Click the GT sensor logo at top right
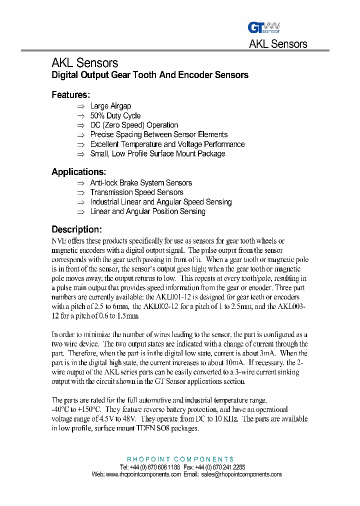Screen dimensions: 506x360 263,27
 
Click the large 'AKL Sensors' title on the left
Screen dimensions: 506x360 84,63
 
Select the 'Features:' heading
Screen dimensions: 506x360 71,94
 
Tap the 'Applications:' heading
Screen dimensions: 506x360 78,171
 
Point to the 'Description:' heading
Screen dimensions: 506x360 76,229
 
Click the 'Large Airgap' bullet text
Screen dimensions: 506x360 110,106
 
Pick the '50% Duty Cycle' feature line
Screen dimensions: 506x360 115,115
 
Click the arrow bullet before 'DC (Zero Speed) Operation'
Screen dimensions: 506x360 81,125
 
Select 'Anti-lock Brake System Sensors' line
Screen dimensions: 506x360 141,183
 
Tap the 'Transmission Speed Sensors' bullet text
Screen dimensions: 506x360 136,192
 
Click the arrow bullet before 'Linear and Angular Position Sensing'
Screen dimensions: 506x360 81,212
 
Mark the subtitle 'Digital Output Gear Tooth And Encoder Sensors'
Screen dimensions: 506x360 150,75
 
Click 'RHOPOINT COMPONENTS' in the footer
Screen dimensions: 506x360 180,459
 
